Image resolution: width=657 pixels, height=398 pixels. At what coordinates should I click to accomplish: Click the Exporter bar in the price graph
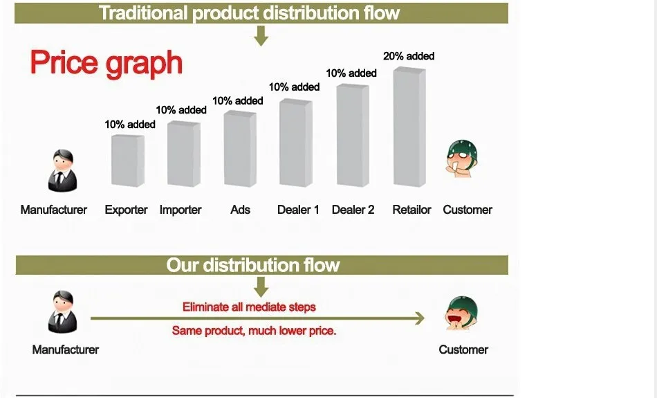point(128,161)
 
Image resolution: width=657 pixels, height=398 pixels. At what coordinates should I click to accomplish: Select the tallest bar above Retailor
point(409,127)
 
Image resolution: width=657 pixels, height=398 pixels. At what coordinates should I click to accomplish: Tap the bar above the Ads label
point(240,148)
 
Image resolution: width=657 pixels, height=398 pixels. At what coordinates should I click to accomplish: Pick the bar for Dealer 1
point(296,143)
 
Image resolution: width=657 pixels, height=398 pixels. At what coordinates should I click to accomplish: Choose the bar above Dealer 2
point(353,135)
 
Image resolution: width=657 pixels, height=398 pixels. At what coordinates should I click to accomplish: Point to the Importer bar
point(183,154)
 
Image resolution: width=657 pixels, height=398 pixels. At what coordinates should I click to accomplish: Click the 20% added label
point(409,56)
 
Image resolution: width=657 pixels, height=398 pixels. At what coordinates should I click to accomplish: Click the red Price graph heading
point(107,63)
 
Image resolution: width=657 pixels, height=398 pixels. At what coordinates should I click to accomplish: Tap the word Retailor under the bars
point(411,210)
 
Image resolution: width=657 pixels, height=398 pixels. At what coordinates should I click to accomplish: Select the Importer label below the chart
point(181,210)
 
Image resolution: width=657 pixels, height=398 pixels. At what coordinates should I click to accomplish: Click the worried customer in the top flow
point(462,159)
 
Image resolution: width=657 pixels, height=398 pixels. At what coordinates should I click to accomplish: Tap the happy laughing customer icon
point(461,313)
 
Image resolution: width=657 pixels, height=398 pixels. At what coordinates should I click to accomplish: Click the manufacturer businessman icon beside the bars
point(62,171)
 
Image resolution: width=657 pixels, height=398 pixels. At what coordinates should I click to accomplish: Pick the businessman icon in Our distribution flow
point(62,312)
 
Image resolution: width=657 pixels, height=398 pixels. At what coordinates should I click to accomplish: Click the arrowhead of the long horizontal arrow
point(419,318)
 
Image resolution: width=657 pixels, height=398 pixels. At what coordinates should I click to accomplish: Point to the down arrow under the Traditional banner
point(261,36)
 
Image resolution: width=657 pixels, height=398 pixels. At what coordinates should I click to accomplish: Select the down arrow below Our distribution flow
point(261,287)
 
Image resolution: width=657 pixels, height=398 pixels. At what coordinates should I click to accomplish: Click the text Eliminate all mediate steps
point(249,307)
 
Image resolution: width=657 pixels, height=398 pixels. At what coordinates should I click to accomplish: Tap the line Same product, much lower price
point(254,331)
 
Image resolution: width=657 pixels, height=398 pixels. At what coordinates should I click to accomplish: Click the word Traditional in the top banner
point(143,13)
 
